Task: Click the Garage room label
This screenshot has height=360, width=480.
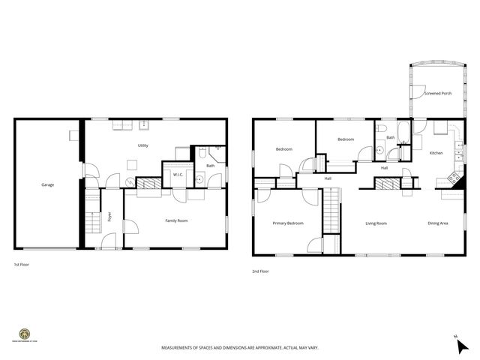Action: [47, 184]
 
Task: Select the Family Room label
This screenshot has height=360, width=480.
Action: [176, 220]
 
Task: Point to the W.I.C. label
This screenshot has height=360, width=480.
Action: [178, 175]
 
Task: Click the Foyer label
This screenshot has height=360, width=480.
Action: [109, 218]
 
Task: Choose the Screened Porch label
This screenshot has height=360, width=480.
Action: [437, 94]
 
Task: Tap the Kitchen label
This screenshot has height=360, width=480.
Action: [436, 153]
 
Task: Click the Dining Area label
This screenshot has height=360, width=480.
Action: [438, 223]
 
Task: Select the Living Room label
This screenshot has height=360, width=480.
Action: [376, 223]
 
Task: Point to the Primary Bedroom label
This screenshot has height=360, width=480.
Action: [288, 223]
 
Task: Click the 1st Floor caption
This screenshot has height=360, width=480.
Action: [21, 265]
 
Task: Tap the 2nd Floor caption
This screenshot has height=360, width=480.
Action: [260, 271]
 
